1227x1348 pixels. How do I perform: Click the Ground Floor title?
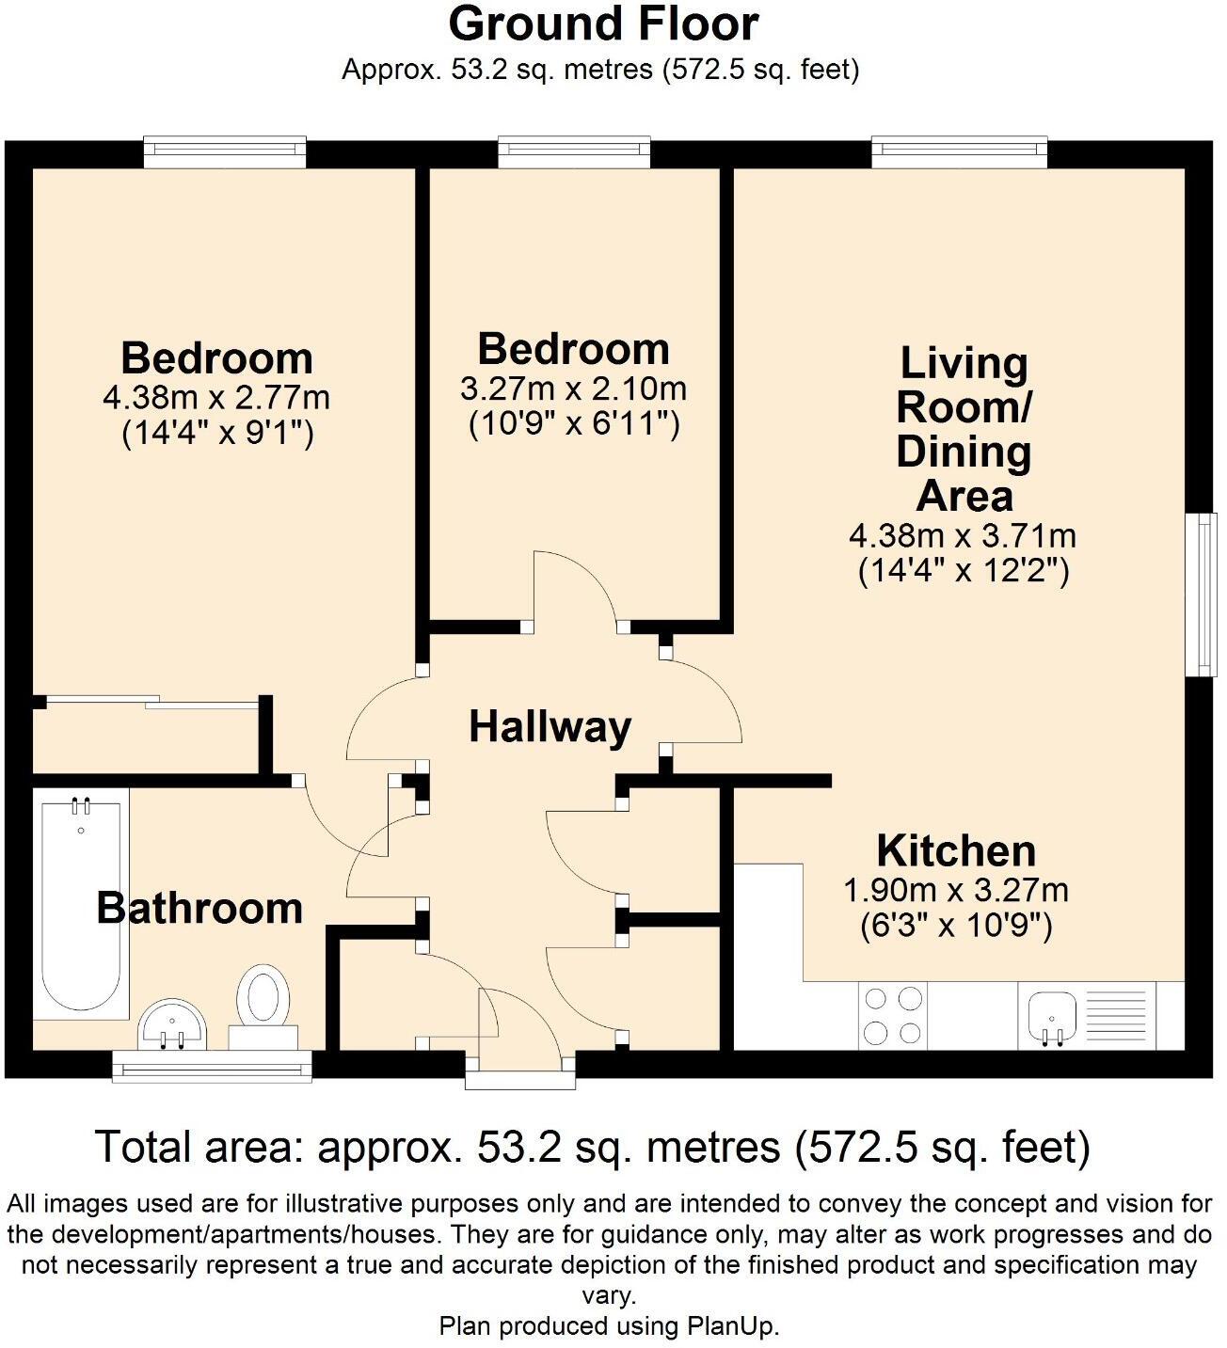tap(603, 24)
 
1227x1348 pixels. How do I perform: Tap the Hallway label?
tap(550, 727)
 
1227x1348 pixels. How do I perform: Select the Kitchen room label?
tap(956, 850)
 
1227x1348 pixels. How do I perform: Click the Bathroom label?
tap(199, 908)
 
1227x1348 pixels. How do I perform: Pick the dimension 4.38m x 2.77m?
tap(216, 398)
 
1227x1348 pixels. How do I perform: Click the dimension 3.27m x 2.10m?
tap(573, 389)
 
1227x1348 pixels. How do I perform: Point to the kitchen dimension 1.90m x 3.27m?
tap(956, 890)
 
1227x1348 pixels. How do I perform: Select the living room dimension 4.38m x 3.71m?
tap(963, 536)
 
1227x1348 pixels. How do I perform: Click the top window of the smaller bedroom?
tap(573, 151)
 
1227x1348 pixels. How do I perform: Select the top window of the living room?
tap(959, 151)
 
